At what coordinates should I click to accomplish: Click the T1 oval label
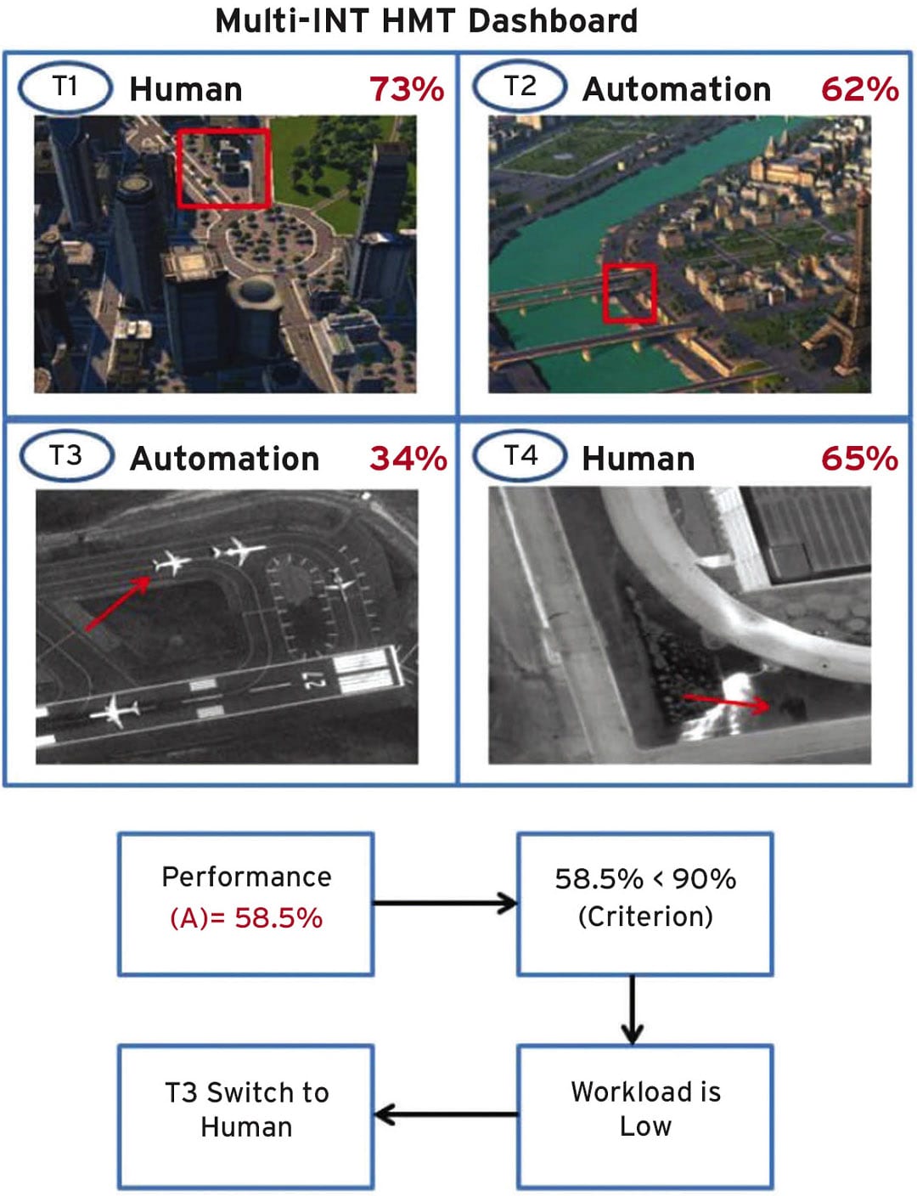[x=65, y=87]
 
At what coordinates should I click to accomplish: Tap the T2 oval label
[x=520, y=87]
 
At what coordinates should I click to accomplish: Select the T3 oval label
[x=66, y=456]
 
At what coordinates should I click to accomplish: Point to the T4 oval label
[x=520, y=456]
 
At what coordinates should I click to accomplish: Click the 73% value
[x=407, y=89]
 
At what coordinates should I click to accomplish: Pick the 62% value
[x=859, y=89]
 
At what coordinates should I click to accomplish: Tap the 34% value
[x=408, y=459]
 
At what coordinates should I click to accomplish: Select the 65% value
[x=859, y=459]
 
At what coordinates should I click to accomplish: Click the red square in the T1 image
[x=224, y=168]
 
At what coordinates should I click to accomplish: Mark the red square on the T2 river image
[x=629, y=293]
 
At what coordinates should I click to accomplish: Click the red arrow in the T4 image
[x=726, y=702]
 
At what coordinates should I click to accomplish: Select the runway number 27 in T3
[x=313, y=680]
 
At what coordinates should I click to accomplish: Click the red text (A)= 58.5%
[x=246, y=918]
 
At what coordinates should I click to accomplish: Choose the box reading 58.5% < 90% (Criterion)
[x=645, y=903]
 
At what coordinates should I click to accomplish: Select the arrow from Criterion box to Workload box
[x=632, y=1009]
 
